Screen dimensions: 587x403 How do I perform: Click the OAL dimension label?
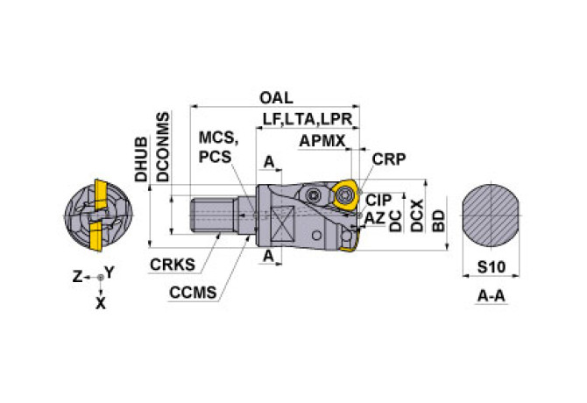click(x=276, y=98)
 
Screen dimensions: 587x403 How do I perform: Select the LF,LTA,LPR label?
click(x=308, y=119)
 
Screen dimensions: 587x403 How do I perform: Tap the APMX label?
click(x=322, y=141)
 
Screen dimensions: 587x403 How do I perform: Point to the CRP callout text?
click(x=389, y=159)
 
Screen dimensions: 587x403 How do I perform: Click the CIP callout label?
click(x=378, y=201)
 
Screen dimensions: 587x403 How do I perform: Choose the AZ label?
click(x=375, y=218)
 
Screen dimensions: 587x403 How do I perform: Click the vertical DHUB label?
click(x=142, y=159)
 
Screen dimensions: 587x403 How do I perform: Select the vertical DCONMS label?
click(x=163, y=147)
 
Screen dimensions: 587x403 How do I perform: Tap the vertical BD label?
click(x=438, y=221)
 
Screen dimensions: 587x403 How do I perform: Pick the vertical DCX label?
click(x=417, y=216)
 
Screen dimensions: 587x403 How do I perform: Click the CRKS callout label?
click(x=173, y=265)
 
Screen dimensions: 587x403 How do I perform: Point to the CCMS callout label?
click(x=193, y=293)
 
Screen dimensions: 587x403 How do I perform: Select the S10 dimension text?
click(x=492, y=267)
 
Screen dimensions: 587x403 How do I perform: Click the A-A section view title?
click(x=492, y=296)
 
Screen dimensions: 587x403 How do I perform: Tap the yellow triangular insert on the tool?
click(x=345, y=194)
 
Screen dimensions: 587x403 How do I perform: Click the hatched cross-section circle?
click(x=491, y=216)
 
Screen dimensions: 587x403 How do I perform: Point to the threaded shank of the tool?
click(x=213, y=216)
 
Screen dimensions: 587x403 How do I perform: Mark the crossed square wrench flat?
click(x=283, y=224)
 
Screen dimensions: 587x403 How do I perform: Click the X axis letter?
click(x=101, y=303)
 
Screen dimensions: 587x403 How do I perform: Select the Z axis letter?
click(x=77, y=277)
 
